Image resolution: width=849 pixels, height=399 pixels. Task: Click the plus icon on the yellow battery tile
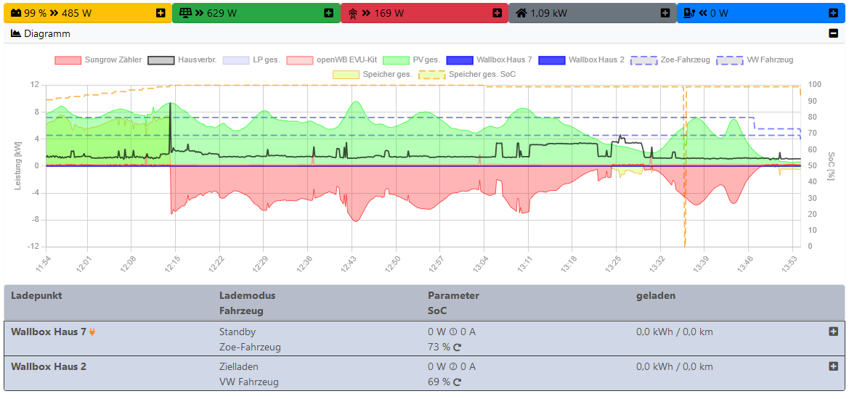tap(161, 13)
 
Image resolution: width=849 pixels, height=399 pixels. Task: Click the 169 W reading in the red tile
tap(389, 13)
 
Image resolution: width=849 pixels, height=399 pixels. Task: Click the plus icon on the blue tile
tap(833, 13)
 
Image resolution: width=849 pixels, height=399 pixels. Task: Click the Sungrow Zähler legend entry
tap(98, 59)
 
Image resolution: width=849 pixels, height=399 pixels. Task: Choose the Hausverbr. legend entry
tap(182, 59)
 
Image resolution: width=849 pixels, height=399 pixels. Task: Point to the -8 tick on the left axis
tap(33, 219)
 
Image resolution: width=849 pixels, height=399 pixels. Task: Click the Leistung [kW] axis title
tap(18, 165)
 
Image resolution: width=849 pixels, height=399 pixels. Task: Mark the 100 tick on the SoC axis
tap(815, 85)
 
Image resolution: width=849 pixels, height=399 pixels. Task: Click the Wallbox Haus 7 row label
tap(49, 332)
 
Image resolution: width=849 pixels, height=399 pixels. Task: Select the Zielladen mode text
tap(238, 366)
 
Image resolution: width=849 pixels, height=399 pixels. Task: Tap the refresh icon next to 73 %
tap(458, 347)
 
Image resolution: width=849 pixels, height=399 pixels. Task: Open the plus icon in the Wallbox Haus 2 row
tap(833, 366)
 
